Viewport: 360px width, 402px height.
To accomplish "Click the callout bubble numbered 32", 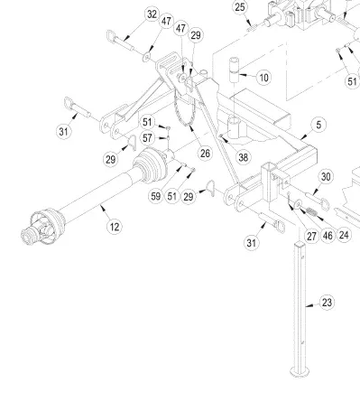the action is (x=152, y=14).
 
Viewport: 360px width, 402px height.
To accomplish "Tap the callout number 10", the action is (x=263, y=78).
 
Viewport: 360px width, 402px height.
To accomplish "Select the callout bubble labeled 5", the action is (x=318, y=125).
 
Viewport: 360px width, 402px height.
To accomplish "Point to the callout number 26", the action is (x=205, y=154).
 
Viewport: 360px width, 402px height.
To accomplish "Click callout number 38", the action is (x=243, y=157).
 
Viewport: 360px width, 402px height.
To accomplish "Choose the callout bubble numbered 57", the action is (x=147, y=138).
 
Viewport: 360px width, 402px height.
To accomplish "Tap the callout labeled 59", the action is (x=156, y=196).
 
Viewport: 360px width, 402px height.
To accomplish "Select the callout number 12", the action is (x=115, y=227).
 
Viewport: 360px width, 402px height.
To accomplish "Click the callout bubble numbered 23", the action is (x=327, y=303).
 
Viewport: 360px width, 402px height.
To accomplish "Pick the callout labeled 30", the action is (x=326, y=177).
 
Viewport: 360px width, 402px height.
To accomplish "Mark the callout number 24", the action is (x=344, y=235).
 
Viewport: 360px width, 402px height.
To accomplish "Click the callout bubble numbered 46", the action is (x=328, y=236).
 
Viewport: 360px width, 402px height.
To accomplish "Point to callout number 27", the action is (x=311, y=237).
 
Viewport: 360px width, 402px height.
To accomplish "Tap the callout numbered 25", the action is (x=240, y=7).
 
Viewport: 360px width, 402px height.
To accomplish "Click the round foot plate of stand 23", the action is (x=300, y=371).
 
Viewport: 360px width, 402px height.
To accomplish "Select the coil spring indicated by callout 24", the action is (x=310, y=211).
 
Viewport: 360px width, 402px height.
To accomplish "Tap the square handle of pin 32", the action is (x=111, y=36).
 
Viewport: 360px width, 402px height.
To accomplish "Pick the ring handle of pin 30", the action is (x=325, y=204).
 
